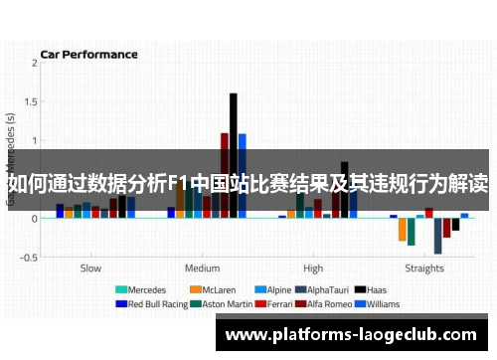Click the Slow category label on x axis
pos(90,268)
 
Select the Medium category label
pos(203,268)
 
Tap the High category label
pos(313,268)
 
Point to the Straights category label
pos(424,268)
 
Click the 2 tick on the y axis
pos(35,63)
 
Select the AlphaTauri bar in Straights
pos(437,235)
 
